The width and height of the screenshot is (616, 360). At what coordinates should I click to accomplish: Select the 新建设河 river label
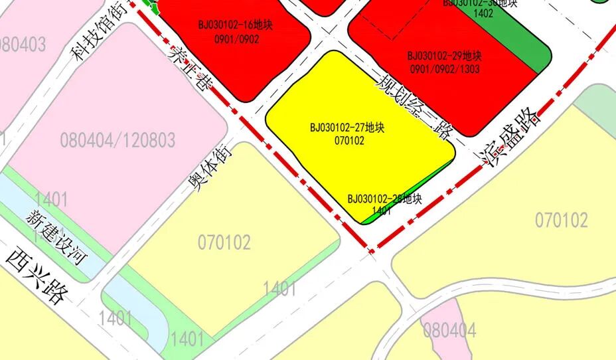(56, 236)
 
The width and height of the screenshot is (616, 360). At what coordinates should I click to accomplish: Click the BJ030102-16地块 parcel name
(236, 25)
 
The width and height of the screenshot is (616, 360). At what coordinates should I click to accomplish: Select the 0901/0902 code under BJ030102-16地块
(236, 39)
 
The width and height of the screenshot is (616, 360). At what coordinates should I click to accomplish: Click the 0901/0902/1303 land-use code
(444, 69)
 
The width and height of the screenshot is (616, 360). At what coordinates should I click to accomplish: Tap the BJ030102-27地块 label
(347, 127)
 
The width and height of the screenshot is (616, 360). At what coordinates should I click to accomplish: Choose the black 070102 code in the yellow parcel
(348, 140)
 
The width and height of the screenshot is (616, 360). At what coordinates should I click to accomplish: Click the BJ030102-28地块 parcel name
(384, 199)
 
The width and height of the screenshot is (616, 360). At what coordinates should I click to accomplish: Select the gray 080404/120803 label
(117, 140)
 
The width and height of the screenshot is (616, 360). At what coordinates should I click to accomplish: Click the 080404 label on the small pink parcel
(449, 329)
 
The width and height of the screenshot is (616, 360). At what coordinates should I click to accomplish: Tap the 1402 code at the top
(483, 13)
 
